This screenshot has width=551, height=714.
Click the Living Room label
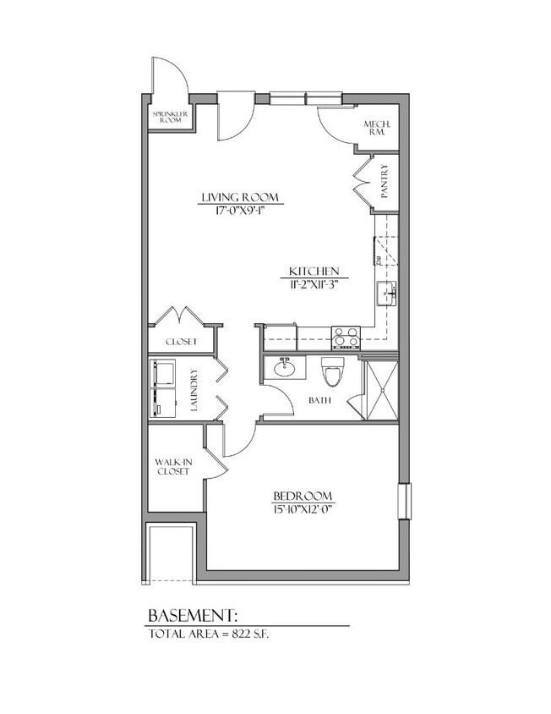pos(240,199)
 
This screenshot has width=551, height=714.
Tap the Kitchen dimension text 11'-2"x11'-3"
pos(314,284)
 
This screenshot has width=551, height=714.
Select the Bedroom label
pos(303,496)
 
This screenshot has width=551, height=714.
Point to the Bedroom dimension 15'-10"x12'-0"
pos(303,509)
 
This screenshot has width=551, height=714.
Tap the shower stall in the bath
pos(379,389)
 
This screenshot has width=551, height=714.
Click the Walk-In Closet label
pos(173,466)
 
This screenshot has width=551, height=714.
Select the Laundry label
pos(194,390)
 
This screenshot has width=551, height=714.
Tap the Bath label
pos(319,401)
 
